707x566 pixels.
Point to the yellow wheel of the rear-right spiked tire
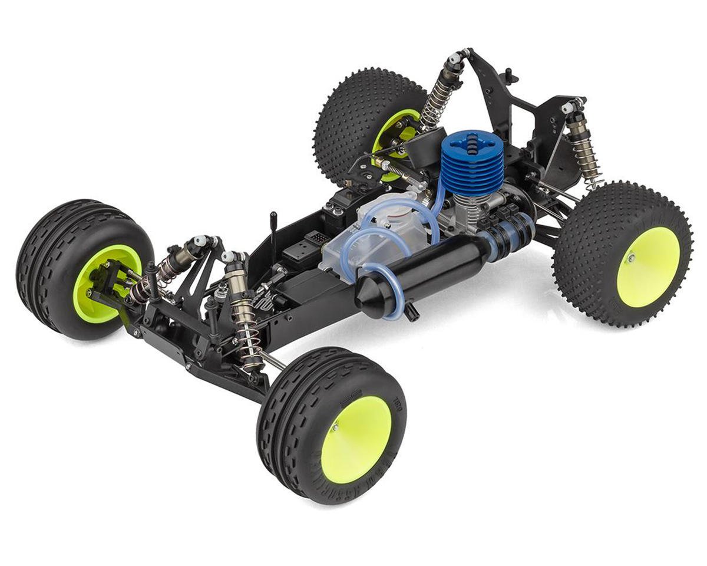pyautogui.click(x=647, y=266)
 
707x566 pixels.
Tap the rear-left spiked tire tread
pyautogui.click(x=353, y=118)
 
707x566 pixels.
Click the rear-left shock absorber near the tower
pyautogui.click(x=438, y=94)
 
